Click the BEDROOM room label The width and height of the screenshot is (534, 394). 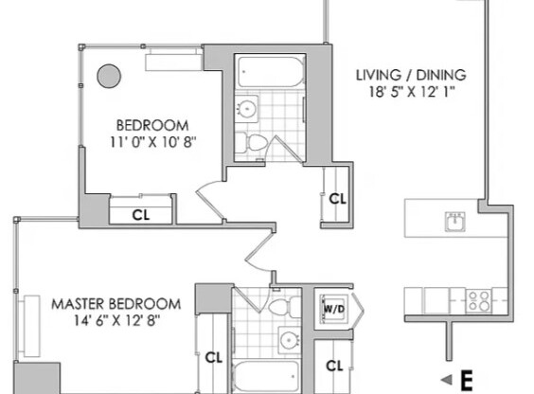(151, 125)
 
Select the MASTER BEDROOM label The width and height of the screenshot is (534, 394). (116, 304)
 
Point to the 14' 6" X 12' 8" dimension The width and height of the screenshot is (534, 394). (116, 321)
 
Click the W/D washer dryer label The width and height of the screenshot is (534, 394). (333, 307)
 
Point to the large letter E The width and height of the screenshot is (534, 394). (466, 382)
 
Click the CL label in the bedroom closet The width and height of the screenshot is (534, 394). (140, 214)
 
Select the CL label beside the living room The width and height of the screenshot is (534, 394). (336, 199)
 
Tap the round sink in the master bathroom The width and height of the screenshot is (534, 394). (286, 338)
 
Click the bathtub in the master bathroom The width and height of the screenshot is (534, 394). (270, 376)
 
